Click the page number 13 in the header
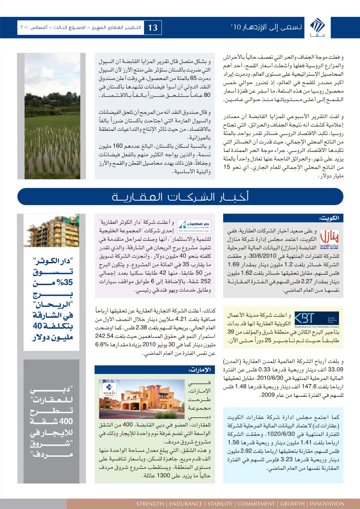point(153,28)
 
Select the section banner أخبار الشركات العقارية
point(180,198)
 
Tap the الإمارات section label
point(201,370)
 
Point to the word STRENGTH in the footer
point(150,504)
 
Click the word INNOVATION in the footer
point(327,504)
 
